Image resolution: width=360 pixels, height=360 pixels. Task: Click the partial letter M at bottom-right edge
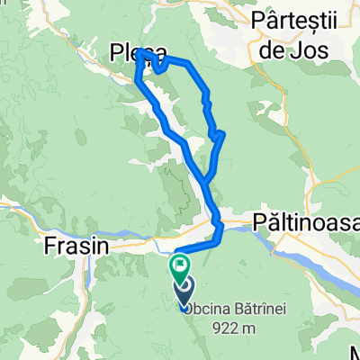355,352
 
